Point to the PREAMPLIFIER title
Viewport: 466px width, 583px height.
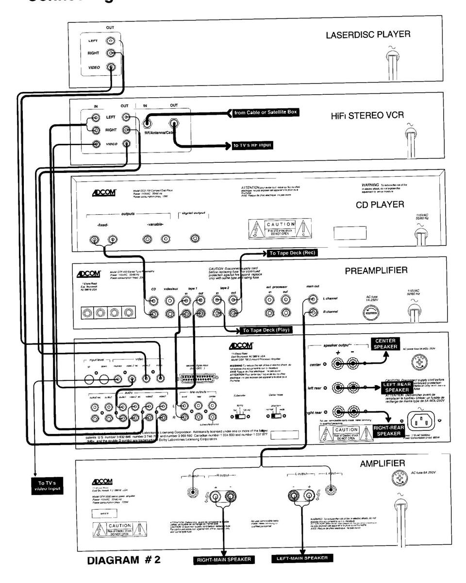[376, 270]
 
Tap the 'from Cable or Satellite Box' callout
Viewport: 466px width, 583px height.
[265, 113]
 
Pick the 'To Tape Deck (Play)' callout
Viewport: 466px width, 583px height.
[266, 330]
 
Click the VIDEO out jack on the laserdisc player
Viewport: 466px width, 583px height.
[111, 68]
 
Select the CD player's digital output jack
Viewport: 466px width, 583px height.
[195, 239]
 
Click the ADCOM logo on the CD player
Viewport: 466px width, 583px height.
[104, 191]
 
